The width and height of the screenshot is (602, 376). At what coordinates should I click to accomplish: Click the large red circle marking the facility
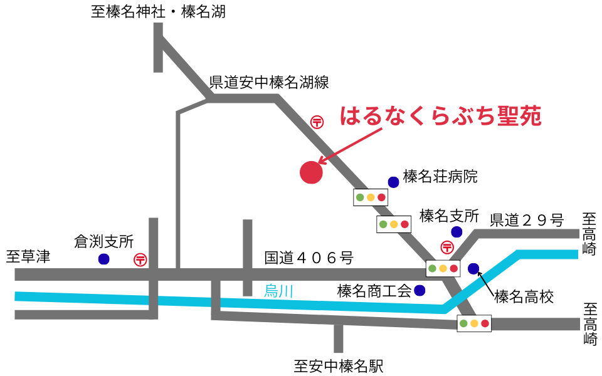pyautogui.click(x=311, y=172)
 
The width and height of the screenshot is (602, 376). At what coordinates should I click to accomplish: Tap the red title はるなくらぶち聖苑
pyautogui.click(x=440, y=117)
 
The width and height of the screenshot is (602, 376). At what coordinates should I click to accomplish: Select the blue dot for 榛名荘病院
pyautogui.click(x=393, y=182)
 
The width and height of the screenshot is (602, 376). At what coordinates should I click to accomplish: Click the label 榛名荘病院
pyautogui.click(x=440, y=177)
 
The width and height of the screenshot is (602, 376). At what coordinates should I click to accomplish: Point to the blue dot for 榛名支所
pyautogui.click(x=457, y=232)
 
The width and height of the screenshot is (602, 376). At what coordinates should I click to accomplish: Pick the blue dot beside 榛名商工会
pyautogui.click(x=419, y=290)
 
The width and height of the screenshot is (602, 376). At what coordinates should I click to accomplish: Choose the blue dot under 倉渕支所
pyautogui.click(x=103, y=259)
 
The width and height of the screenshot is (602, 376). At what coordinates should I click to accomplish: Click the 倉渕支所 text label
pyautogui.click(x=103, y=241)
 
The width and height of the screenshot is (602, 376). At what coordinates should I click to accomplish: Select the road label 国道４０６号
pyautogui.click(x=309, y=258)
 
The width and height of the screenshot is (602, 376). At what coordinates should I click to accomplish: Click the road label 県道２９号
pyautogui.click(x=527, y=220)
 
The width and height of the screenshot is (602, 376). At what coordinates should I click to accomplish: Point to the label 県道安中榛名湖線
pyautogui.click(x=268, y=82)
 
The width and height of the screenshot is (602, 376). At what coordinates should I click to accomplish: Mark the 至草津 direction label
pyautogui.click(x=28, y=257)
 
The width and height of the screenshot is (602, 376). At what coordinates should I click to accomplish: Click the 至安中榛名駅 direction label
pyautogui.click(x=339, y=365)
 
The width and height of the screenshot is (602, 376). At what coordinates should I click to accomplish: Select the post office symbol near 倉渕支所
pyautogui.click(x=140, y=259)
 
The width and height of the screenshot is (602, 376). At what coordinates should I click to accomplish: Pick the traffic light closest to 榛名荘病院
pyautogui.click(x=371, y=198)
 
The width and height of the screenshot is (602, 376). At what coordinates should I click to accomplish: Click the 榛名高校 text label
pyautogui.click(x=524, y=296)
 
